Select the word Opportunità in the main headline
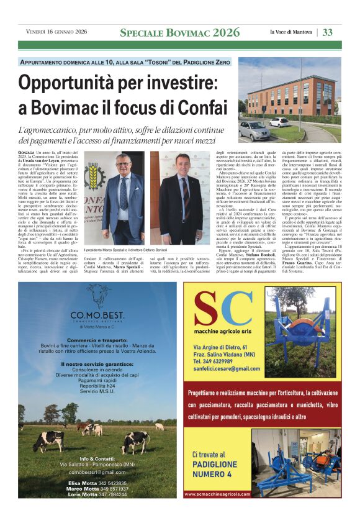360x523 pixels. pyautogui.click(x=74, y=83)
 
